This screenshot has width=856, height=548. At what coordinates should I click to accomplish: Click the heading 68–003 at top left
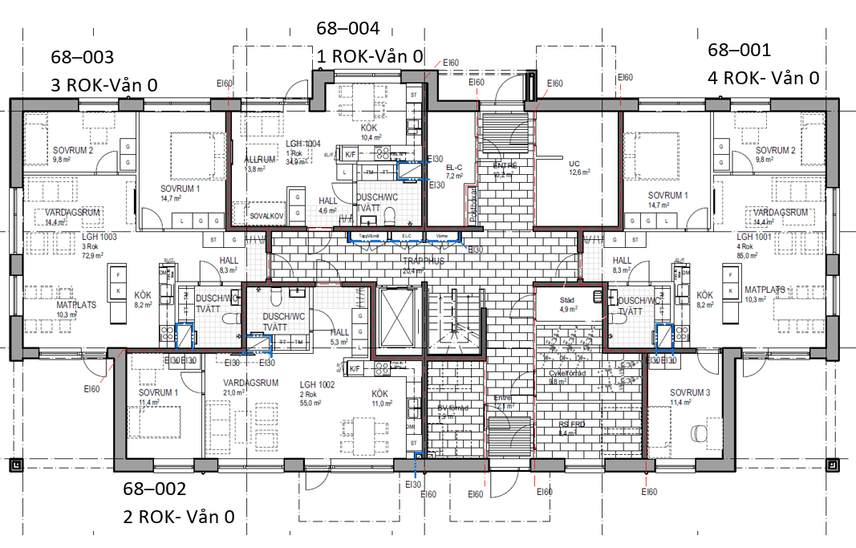tap(82, 58)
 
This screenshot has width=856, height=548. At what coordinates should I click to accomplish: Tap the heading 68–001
tap(739, 51)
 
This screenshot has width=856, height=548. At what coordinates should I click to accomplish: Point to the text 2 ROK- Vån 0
tap(178, 517)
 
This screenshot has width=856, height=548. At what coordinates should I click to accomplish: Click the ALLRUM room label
tap(260, 160)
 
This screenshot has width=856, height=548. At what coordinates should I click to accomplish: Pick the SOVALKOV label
tap(266, 216)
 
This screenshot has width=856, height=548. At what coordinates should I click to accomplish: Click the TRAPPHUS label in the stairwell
tap(423, 262)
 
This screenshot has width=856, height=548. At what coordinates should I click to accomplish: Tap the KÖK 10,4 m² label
tap(368, 132)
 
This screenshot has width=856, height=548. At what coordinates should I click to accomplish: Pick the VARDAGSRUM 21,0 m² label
tap(250, 388)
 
